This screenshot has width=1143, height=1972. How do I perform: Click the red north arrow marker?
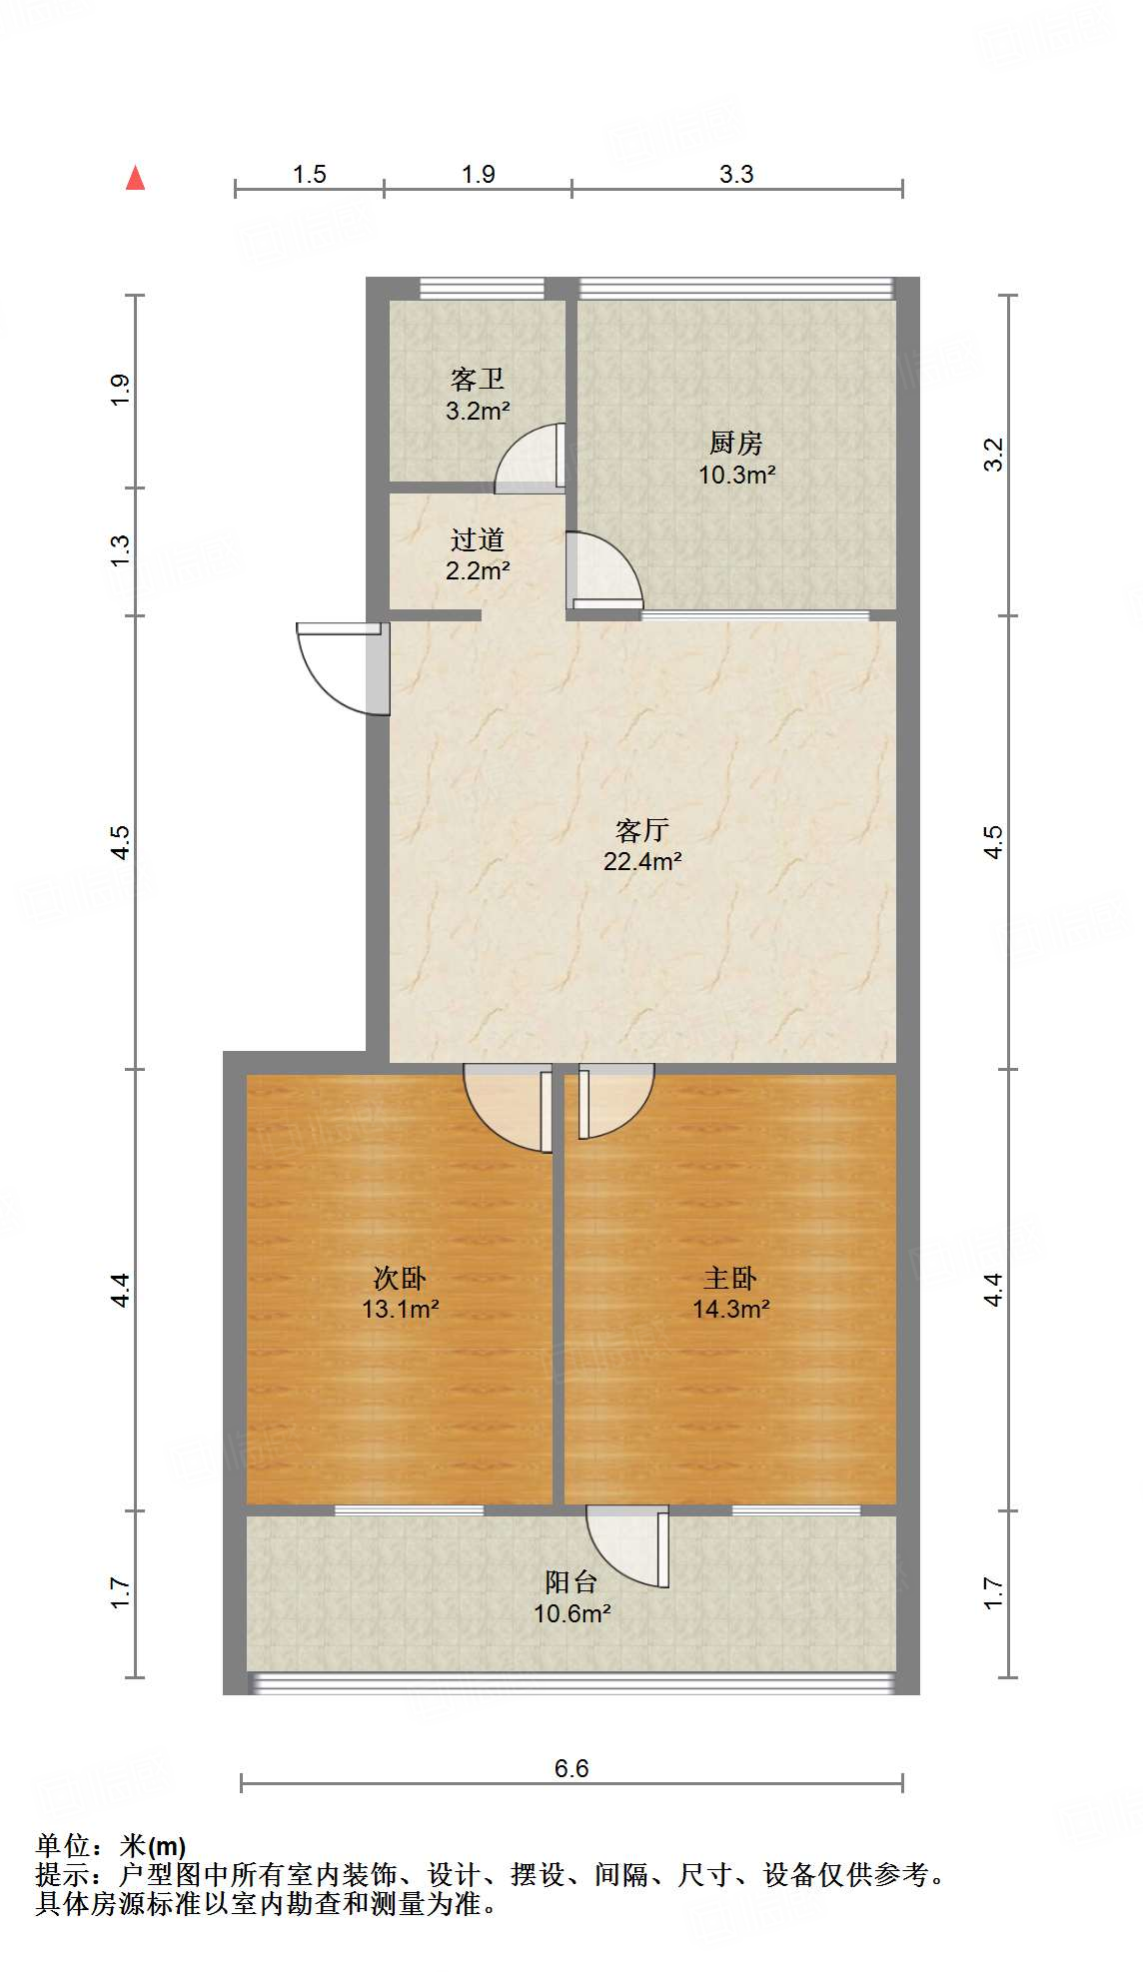pos(135,178)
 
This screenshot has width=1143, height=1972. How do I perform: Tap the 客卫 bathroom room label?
pos(478,380)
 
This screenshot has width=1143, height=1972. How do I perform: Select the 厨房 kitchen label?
pos(736,443)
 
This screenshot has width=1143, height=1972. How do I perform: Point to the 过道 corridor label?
pos(478,540)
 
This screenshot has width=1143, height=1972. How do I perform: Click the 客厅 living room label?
pos(641,830)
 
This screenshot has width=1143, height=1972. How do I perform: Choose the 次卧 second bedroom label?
pos(400,1278)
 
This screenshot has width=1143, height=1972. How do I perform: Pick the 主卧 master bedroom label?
pos(730,1278)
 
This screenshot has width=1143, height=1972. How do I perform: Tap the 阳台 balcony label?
pos(571,1581)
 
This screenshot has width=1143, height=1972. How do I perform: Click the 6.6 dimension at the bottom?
pos(571,1768)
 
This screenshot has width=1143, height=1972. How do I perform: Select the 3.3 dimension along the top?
pos(736,174)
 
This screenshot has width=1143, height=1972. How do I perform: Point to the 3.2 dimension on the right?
pos(993,455)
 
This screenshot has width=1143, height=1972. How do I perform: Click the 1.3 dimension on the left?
pos(120,550)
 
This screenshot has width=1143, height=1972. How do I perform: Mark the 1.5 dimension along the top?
pos(310,174)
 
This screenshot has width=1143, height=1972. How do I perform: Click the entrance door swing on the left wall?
pos(340,667)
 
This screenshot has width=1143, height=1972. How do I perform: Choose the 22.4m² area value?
pos(641,861)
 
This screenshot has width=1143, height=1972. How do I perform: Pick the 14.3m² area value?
pos(730,1309)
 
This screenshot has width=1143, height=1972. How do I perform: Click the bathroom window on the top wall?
pos(482,289)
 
